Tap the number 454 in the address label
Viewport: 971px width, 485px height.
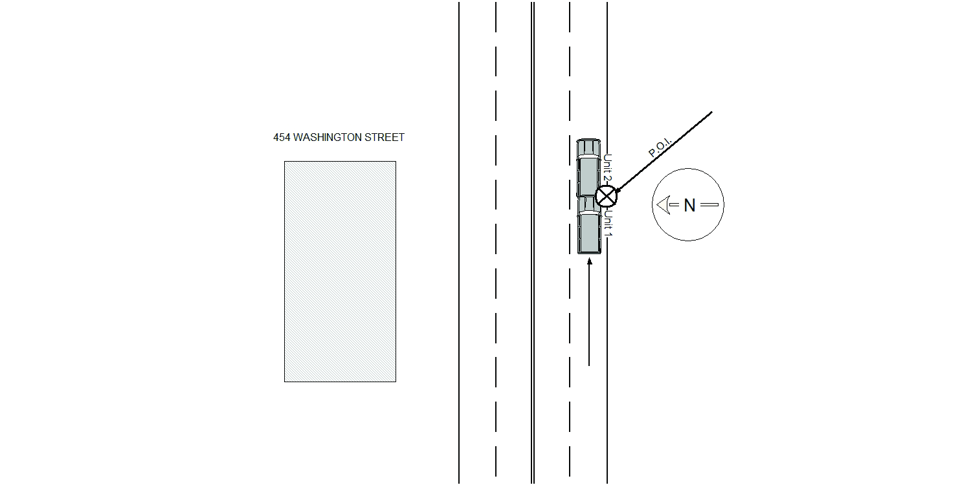coord(282,137)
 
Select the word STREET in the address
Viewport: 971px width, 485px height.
coord(385,137)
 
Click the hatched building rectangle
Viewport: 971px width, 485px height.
coord(340,272)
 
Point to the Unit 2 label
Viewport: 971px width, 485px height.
coord(608,167)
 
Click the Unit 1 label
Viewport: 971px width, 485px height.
coord(608,224)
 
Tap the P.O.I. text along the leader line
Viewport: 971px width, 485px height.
coord(660,147)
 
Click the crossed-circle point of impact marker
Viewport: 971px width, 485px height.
coord(606,196)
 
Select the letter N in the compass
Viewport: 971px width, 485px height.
coord(689,205)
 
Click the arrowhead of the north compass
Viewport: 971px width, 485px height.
coord(664,205)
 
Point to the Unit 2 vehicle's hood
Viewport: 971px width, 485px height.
coord(588,147)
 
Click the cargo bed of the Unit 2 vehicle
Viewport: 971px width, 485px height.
coord(588,177)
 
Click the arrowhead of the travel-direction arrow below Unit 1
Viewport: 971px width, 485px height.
coord(589,261)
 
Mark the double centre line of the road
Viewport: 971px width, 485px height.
coord(533,242)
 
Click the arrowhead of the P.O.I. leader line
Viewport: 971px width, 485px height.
coord(618,189)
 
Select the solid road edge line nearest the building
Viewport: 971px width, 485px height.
coord(459,242)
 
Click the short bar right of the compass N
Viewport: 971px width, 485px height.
coord(709,205)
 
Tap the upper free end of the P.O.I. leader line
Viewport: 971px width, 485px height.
coord(712,112)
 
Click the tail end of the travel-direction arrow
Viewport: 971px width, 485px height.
coord(588,366)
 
